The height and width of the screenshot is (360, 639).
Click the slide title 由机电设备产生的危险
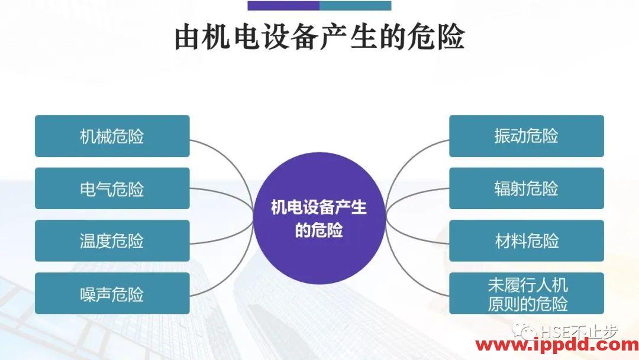click(319, 37)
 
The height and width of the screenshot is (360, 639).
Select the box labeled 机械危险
click(112, 136)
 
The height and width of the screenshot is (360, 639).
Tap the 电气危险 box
click(112, 188)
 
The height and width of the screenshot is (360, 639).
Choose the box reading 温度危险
click(112, 241)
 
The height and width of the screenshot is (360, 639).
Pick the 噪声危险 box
click(112, 293)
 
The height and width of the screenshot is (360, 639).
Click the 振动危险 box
click(527, 136)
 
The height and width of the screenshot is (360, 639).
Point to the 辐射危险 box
click(527, 188)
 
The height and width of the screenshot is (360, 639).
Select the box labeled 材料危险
click(527, 241)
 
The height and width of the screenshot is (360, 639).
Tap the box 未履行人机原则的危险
click(527, 293)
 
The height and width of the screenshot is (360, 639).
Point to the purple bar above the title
click(283, 6)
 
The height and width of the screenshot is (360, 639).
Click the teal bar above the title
click(356, 6)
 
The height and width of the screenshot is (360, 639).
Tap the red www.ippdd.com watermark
click(557, 345)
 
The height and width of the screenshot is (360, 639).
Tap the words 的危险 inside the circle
click(319, 230)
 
